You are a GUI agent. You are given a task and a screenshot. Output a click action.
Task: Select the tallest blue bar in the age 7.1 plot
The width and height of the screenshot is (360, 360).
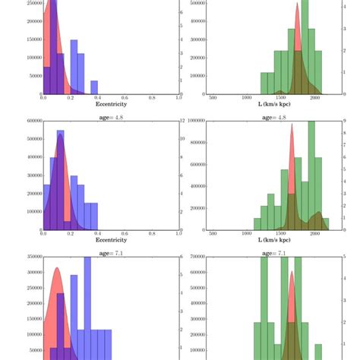(x=87, y=304)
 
